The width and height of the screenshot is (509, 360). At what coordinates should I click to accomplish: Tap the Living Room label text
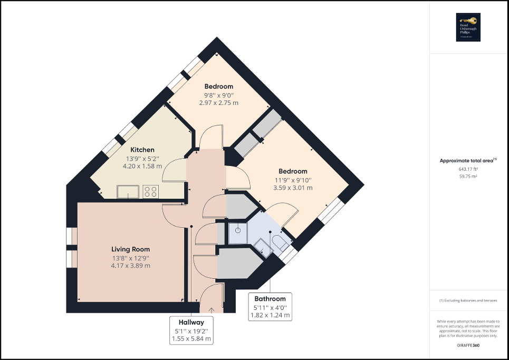coord(130,249)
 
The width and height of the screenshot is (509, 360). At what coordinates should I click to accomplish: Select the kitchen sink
coord(127,191)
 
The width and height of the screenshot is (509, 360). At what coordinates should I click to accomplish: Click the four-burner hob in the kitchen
coord(150,191)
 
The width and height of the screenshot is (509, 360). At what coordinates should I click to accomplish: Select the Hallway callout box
coord(191,330)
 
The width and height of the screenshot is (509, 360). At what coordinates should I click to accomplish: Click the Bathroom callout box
coord(270,307)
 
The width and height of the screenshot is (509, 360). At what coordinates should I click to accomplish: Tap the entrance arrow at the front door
coord(212,309)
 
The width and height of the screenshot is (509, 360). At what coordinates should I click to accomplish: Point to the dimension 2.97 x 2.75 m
coord(218,103)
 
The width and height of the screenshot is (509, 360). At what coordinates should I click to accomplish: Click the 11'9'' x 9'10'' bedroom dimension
coord(293,180)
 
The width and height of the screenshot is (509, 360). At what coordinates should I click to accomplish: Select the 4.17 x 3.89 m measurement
coord(130,266)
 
